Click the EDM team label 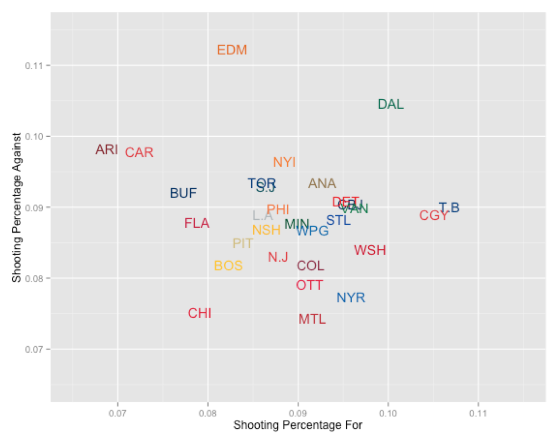(x=232, y=50)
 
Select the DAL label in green (x=390, y=104)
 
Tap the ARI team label (x=107, y=150)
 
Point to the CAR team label (x=139, y=152)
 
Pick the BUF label (x=183, y=193)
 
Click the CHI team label (x=200, y=313)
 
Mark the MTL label (x=312, y=319)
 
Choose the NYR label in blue (x=351, y=298)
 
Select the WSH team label (x=370, y=250)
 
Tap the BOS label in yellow (x=228, y=266)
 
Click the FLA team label (x=197, y=223)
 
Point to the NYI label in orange (x=284, y=162)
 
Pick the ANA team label (x=322, y=183)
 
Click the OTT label (x=309, y=285)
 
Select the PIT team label (x=243, y=244)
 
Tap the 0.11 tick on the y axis (x=34, y=66)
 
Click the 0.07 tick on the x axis (x=118, y=413)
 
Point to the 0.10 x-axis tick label (x=388, y=413)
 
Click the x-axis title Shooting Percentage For (x=298, y=425)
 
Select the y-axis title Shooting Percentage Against (x=16, y=207)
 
